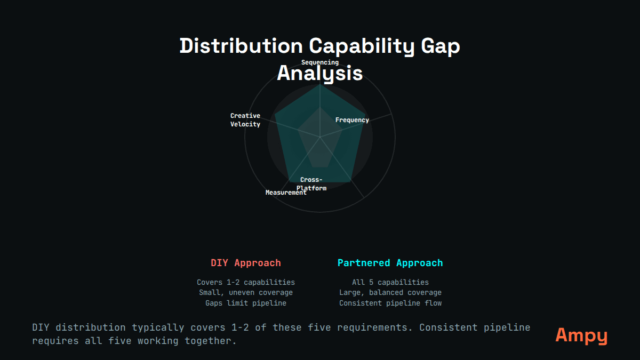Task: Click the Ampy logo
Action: click(581, 335)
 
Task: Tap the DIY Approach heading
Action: click(246, 263)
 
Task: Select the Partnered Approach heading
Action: click(390, 263)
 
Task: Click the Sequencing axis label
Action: click(320, 62)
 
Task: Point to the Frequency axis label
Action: click(352, 120)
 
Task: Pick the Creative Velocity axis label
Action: click(245, 120)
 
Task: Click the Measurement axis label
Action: click(286, 193)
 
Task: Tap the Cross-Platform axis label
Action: click(311, 183)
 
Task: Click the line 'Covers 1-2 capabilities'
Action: click(246, 282)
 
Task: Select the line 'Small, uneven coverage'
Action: click(246, 292)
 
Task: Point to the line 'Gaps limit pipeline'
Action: click(246, 303)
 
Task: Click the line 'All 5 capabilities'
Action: click(390, 282)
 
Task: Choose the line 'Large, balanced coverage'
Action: click(390, 292)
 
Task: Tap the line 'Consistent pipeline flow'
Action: click(390, 303)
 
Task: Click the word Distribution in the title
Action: click(241, 46)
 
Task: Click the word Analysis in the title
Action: click(320, 73)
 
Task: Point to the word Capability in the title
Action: click(362, 46)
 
